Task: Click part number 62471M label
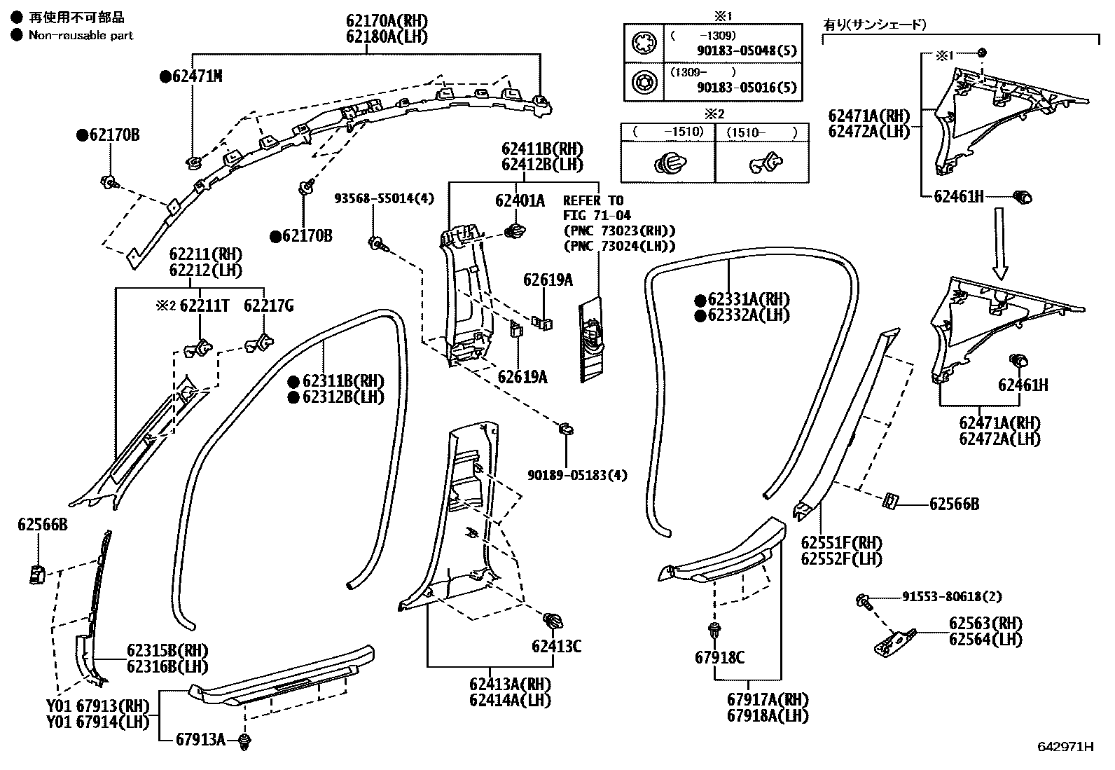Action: [x=197, y=76]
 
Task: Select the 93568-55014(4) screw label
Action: [x=383, y=199]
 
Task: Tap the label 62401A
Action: [x=519, y=201]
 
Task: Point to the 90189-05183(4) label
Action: [x=577, y=475]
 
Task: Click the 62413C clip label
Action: [x=556, y=646]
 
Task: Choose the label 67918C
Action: [x=719, y=657]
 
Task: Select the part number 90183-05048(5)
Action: [x=747, y=50]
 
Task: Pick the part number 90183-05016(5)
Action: [x=747, y=88]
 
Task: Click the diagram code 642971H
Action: [x=1065, y=747]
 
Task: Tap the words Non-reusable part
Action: [x=81, y=35]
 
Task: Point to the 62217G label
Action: [x=268, y=305]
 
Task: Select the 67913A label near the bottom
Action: [x=200, y=740]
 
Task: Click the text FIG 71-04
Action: [x=597, y=216]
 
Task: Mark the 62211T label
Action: [x=204, y=305]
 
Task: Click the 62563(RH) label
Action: [x=985, y=623]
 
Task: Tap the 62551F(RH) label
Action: [x=841, y=543]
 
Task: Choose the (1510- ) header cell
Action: [x=761, y=132]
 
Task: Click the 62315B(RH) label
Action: [x=167, y=650]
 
